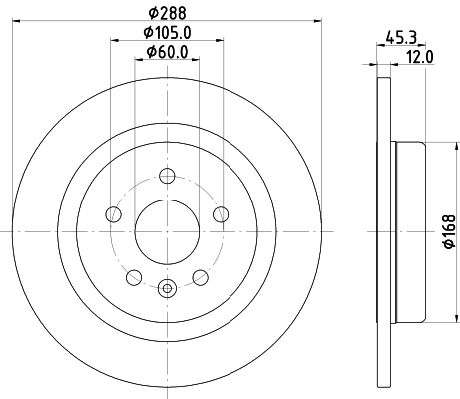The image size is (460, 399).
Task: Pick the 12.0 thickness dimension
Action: tap(420, 57)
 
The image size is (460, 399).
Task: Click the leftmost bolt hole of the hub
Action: tap(114, 214)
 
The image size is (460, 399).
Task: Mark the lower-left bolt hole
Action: tap(134, 275)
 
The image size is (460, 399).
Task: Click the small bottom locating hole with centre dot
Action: tap(166, 290)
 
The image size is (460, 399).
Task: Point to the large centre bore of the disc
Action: tap(166, 230)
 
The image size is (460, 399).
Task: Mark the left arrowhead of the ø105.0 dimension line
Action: tap(112, 41)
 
